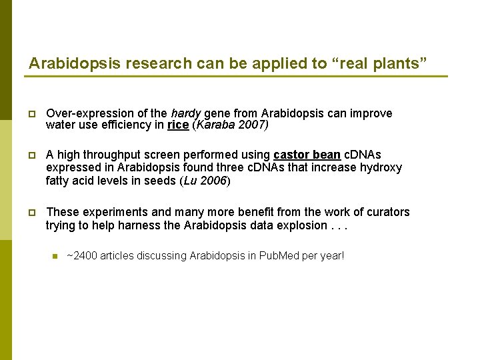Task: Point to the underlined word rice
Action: [177, 125]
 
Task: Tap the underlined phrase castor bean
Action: [307, 155]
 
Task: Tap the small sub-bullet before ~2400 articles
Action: [55, 255]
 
